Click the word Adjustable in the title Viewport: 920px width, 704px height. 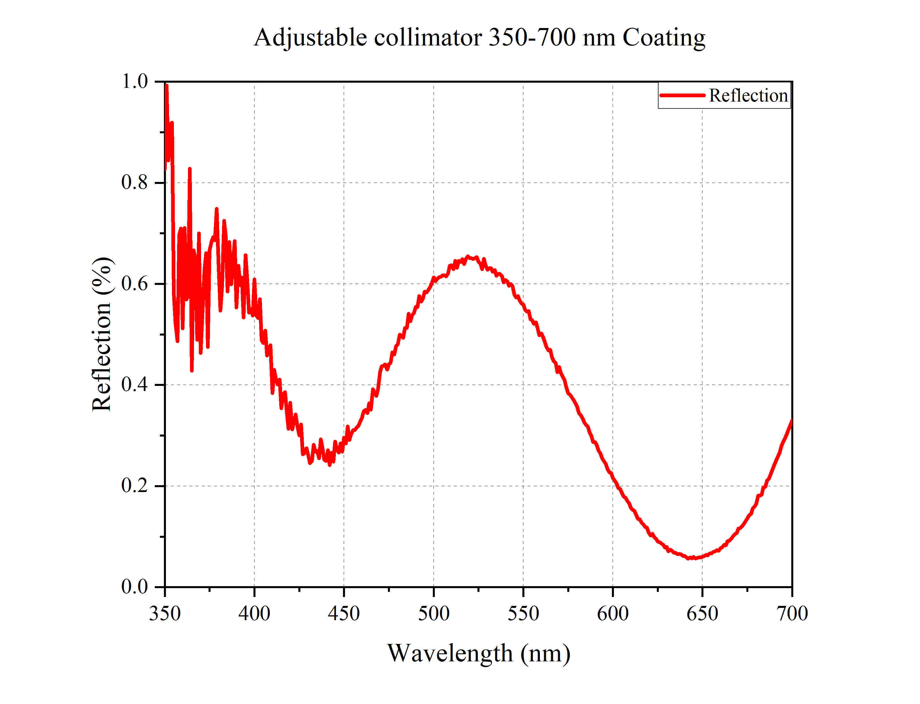click(310, 38)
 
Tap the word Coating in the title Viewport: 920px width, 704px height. click(664, 38)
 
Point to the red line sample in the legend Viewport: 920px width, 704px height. click(682, 95)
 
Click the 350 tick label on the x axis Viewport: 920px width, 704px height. click(165, 614)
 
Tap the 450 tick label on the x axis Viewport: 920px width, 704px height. click(344, 614)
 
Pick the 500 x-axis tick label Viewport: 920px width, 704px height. click(434, 614)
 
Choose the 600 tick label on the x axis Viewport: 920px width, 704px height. click(612, 614)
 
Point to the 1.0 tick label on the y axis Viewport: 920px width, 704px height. click(134, 81)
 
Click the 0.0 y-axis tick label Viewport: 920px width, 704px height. click(134, 587)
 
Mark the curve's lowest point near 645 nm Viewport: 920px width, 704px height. click(692, 558)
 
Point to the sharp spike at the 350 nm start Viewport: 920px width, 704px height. click(166, 86)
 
